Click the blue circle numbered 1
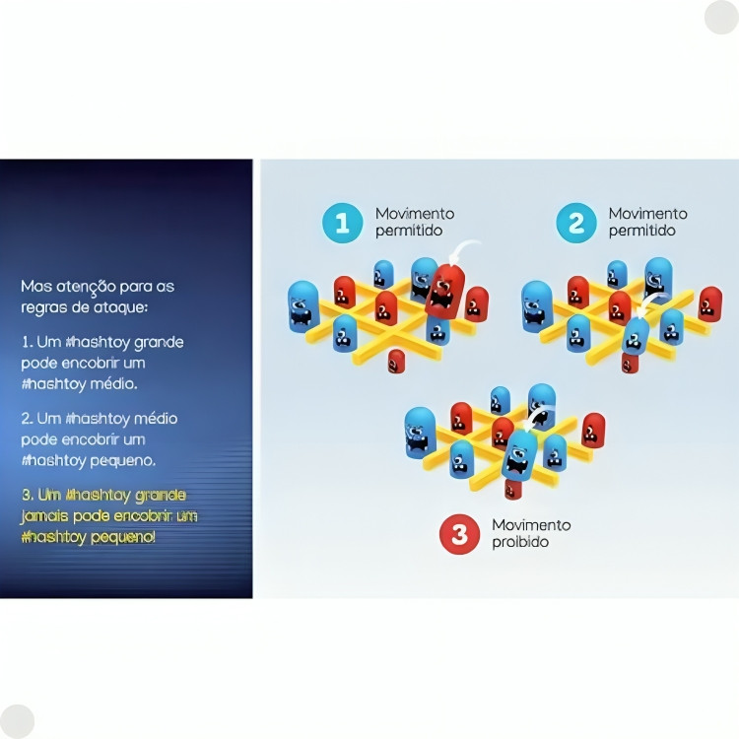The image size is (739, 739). coord(343,224)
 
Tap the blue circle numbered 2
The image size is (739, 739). coord(576,224)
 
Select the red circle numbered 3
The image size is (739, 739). coord(459,534)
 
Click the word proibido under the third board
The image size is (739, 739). coord(520,543)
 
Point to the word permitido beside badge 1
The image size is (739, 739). coord(409,231)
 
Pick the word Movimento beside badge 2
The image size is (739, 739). coord(647,214)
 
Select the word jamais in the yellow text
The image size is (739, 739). coord(44,515)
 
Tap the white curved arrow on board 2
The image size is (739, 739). coord(651,297)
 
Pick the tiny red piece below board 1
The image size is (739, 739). coord(396,361)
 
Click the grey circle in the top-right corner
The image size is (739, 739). coord(721,18)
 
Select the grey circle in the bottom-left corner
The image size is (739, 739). coord(18,721)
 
